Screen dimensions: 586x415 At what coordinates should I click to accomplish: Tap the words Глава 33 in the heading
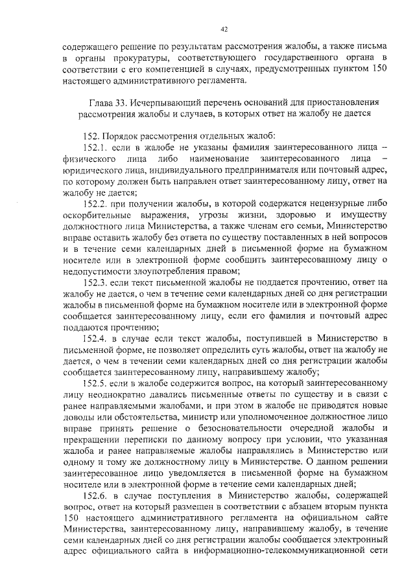click(109, 103)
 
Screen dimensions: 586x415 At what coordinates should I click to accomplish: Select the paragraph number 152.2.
click(96, 203)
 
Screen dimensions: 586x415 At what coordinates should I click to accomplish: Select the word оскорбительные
click(95, 215)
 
